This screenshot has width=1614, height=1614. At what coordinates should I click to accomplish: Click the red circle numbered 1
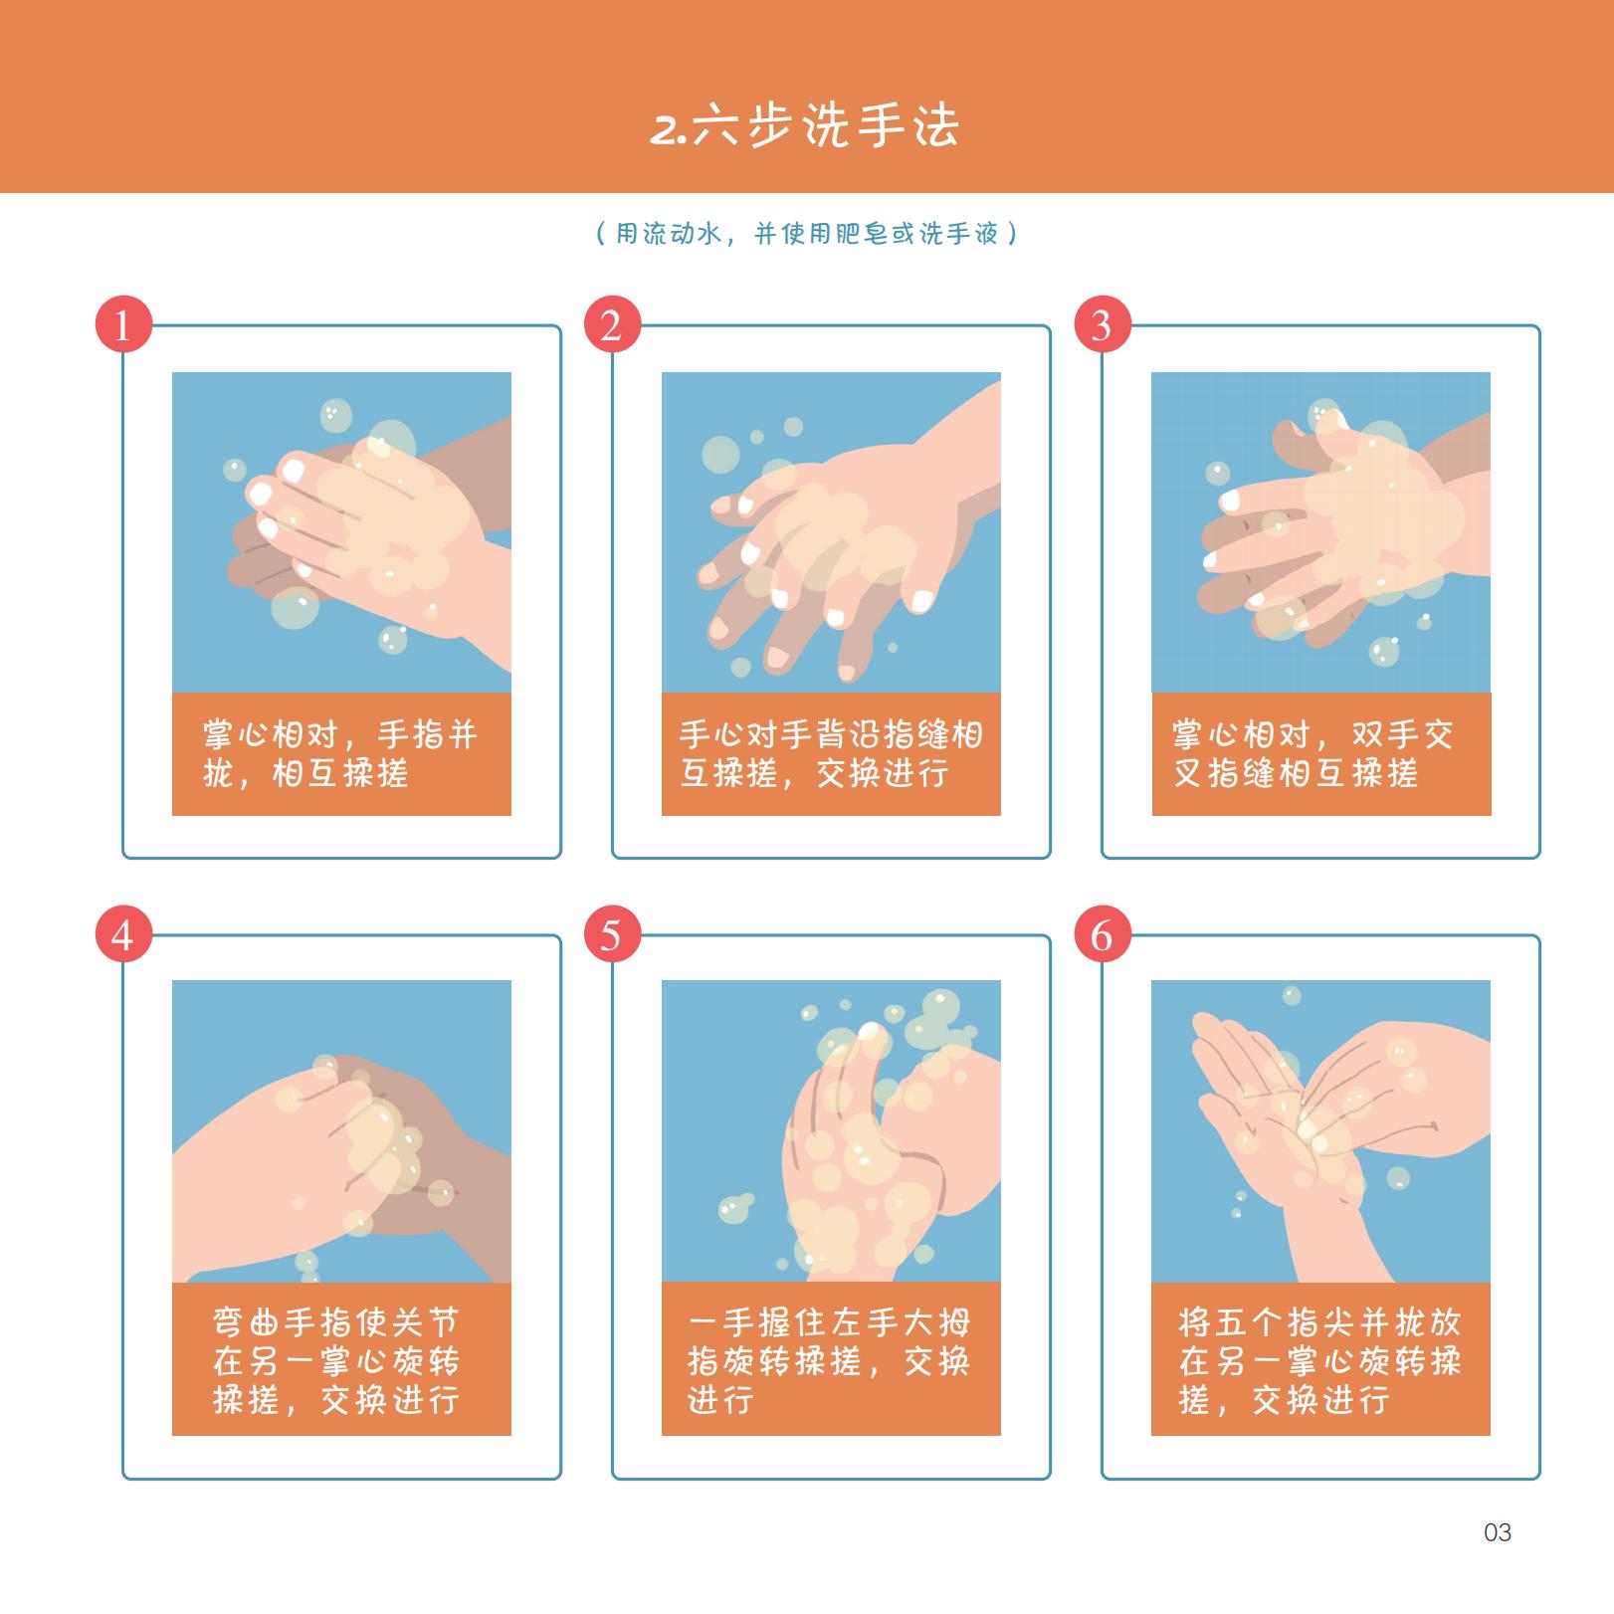pos(123,323)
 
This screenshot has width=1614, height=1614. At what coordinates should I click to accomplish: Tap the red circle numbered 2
pos(612,323)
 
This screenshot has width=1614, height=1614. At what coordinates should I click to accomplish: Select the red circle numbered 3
pos(1103,323)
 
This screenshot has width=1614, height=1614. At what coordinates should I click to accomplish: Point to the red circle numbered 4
pos(123,934)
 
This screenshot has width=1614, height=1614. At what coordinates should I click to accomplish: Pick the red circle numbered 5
pos(612,934)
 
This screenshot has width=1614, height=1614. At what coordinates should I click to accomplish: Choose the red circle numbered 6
pos(1103,934)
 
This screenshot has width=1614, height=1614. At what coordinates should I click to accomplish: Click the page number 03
pos(1497,1532)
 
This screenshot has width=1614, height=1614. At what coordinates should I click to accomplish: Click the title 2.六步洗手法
pos(805,126)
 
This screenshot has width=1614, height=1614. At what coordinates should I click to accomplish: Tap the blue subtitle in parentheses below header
pos(806,234)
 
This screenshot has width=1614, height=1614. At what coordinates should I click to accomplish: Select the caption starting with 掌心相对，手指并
pos(340,754)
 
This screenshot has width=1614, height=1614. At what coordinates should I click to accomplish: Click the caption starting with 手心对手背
pos(831,754)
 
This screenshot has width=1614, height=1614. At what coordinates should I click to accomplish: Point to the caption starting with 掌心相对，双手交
pos(1313,754)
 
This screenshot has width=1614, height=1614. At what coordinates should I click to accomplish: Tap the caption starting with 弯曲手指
pos(336,1360)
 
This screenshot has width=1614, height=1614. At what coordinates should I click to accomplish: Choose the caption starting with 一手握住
pos(829,1360)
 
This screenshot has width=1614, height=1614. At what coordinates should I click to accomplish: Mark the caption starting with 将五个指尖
pos(1319,1360)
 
